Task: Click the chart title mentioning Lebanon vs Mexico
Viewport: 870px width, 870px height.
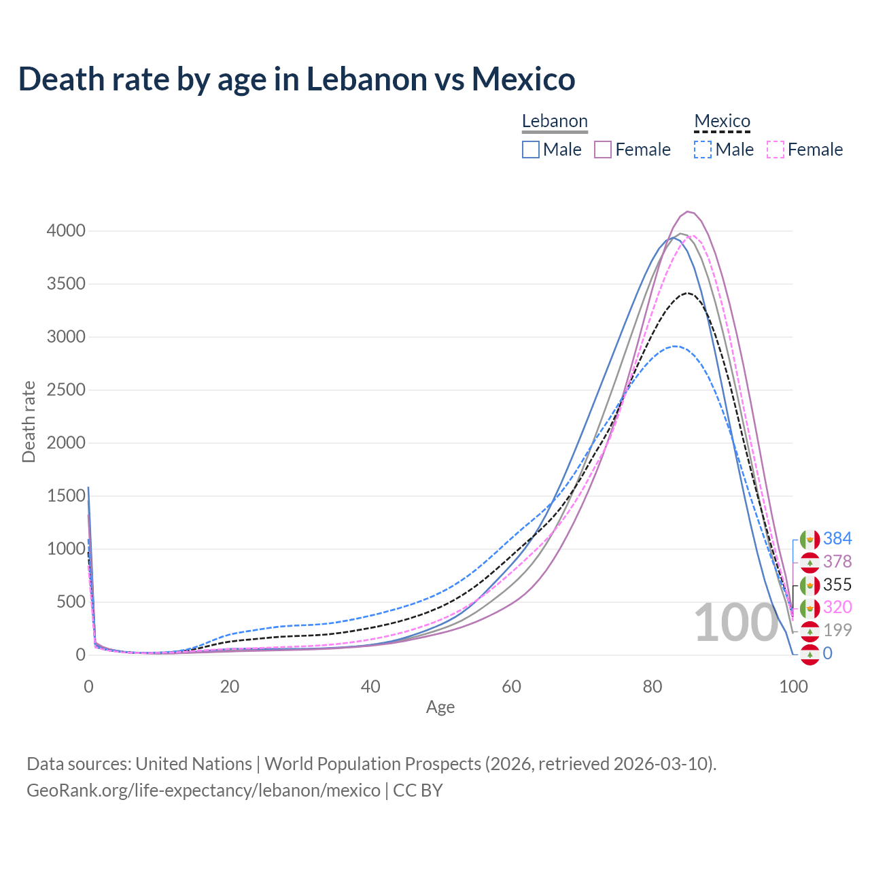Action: tap(297, 79)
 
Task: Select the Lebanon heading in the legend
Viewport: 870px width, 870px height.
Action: tap(555, 122)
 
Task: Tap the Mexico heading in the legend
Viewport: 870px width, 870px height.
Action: tap(722, 122)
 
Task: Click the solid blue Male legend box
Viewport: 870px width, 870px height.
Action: tap(531, 150)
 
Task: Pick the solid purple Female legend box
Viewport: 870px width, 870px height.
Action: tap(603, 150)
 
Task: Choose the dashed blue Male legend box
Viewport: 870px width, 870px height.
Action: tap(703, 150)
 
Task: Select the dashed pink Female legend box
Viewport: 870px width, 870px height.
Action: tap(775, 150)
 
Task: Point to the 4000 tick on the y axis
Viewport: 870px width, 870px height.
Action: tap(66, 231)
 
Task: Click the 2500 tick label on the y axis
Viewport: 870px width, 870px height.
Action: tap(66, 390)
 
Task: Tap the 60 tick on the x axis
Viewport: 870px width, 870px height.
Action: tap(511, 686)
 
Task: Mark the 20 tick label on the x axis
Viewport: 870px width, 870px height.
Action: tap(230, 686)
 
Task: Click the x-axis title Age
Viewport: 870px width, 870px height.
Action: tap(440, 707)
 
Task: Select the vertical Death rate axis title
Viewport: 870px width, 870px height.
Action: tap(29, 421)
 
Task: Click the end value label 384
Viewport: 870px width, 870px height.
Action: tap(837, 539)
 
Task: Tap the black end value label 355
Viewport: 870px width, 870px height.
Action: tap(837, 585)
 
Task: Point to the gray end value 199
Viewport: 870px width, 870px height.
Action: tap(837, 630)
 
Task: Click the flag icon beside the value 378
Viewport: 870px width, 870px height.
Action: tap(810, 562)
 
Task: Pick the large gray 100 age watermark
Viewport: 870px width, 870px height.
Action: tap(736, 623)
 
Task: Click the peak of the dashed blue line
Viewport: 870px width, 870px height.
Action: tap(674, 346)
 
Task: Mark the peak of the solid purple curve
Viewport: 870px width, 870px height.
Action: tap(688, 211)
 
